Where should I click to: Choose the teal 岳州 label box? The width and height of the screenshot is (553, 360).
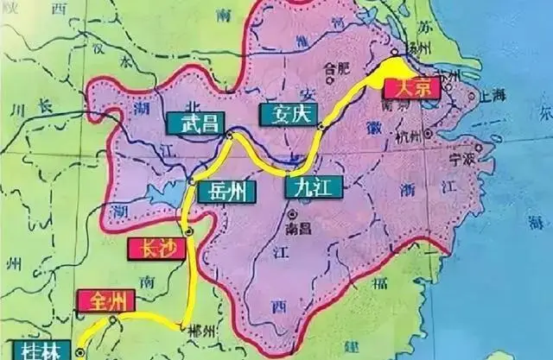click(226, 191)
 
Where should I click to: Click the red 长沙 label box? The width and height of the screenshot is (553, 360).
click(153, 249)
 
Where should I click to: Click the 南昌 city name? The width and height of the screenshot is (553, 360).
click(297, 231)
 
